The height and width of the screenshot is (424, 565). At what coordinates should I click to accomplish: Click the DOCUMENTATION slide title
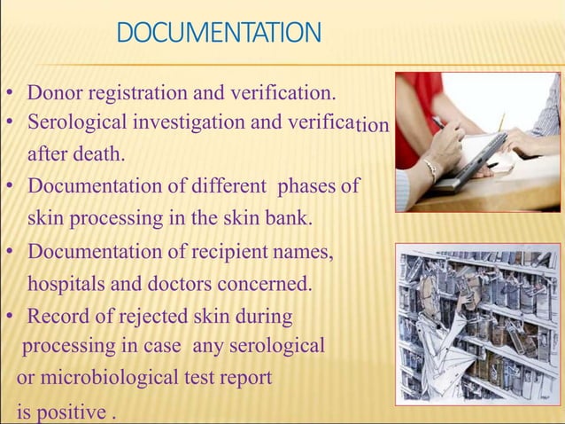click(219, 35)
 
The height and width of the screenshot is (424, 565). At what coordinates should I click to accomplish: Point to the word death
click(98, 155)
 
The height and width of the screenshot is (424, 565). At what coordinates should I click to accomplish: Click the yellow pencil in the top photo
click(499, 122)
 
